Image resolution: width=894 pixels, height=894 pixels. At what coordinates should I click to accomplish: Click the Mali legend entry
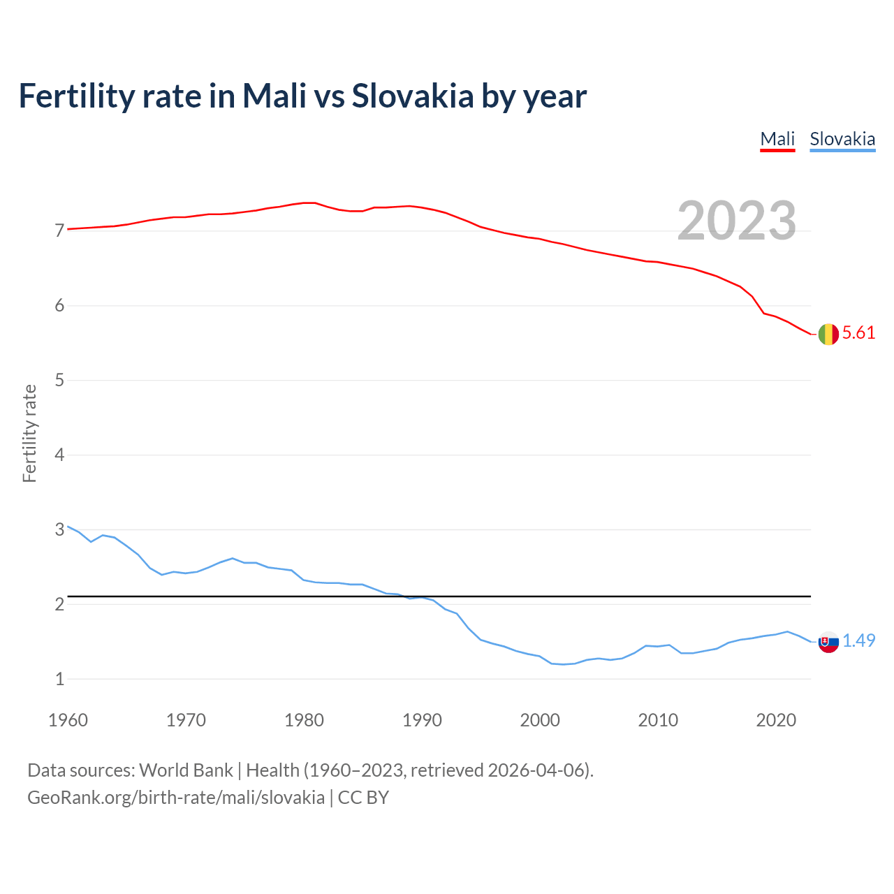pos(777,139)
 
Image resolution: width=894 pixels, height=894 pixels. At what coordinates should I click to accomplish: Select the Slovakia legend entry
pos(842,139)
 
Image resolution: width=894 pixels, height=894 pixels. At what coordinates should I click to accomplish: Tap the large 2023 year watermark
pos(737,221)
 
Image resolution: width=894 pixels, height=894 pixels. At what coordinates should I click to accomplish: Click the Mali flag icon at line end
pos(828,335)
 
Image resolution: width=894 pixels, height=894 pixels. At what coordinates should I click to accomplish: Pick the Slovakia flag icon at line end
pos(828,642)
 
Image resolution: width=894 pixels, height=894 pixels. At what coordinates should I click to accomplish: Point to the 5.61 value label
pos(858,333)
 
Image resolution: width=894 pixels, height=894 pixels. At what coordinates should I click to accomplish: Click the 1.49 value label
pos(858,641)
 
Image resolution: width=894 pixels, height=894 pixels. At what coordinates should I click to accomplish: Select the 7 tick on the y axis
pos(59,231)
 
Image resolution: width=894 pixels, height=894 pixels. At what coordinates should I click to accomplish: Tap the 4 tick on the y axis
pos(59,455)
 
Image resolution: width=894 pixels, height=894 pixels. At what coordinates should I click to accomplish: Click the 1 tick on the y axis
pos(59,679)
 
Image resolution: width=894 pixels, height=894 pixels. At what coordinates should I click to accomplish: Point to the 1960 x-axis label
pos(68,720)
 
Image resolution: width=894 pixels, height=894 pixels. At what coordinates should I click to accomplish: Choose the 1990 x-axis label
pos(422,720)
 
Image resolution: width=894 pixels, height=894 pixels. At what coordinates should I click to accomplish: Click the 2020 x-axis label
pos(776,720)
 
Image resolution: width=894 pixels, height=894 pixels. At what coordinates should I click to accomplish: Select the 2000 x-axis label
pos(540,720)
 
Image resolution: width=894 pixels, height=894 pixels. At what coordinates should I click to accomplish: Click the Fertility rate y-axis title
pos(29,434)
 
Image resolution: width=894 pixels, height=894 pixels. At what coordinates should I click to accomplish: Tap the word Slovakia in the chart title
pos(413,96)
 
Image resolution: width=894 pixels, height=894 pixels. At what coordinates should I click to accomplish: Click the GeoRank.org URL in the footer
pos(175,798)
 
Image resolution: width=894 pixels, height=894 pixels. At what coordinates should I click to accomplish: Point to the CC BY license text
pos(363,798)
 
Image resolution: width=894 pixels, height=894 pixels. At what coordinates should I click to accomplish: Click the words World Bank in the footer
pos(186,770)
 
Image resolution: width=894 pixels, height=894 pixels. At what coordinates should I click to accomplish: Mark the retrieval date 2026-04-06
pos(536,770)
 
